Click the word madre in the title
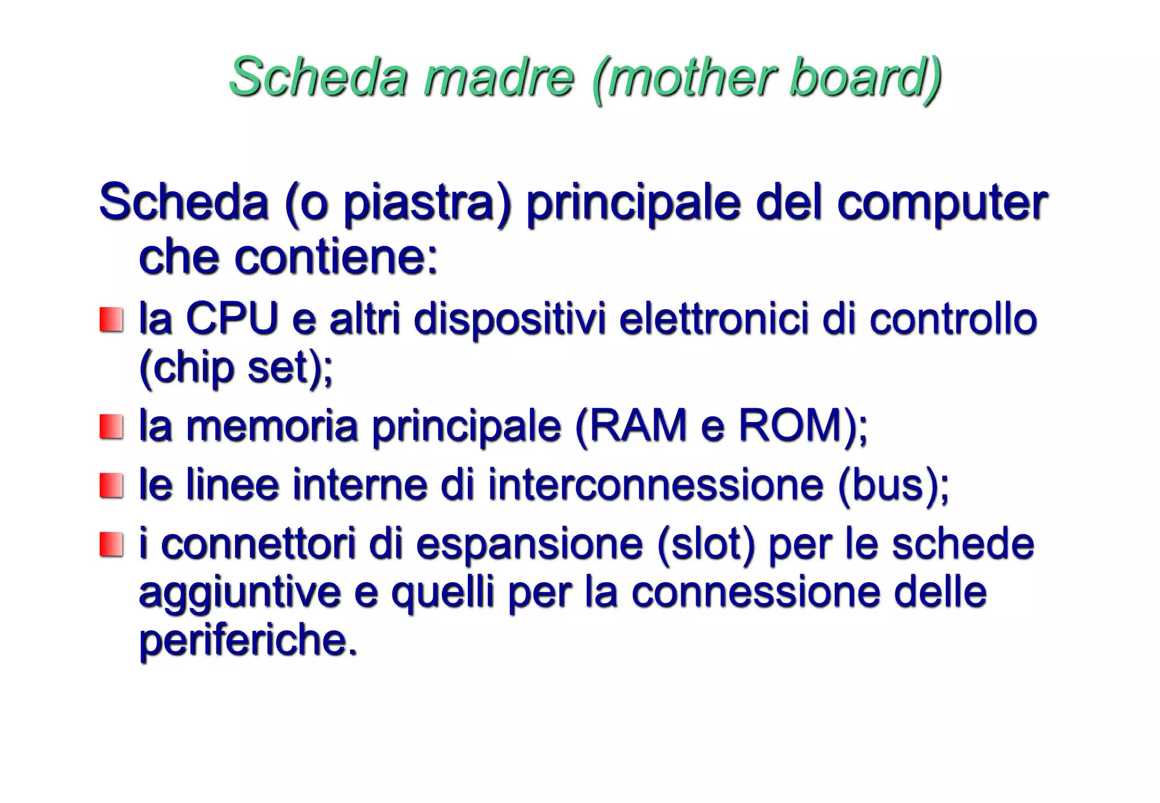click(x=498, y=78)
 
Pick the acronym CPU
click(x=232, y=319)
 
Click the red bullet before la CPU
click(x=111, y=320)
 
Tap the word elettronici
click(x=713, y=319)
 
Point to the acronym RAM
click(x=638, y=426)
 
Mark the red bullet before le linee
click(x=111, y=486)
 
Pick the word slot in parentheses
click(x=705, y=544)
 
